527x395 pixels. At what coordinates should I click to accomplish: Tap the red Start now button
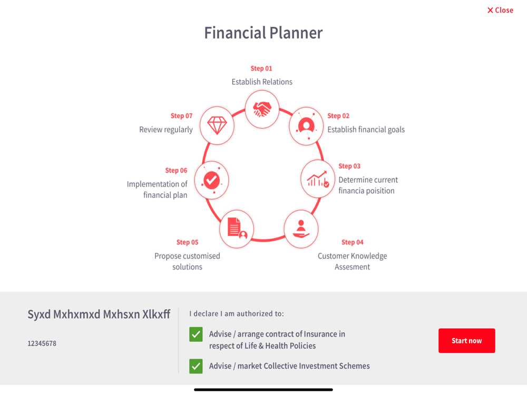tap(466, 341)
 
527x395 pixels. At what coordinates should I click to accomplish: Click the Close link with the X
tap(500, 10)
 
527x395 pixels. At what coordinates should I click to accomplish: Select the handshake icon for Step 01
tap(262, 109)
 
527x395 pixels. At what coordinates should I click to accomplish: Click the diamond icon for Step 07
tap(217, 126)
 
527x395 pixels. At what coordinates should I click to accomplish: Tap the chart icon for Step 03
tap(318, 179)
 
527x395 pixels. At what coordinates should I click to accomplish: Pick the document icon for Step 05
tap(237, 229)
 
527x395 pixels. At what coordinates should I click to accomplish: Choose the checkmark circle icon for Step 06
tap(212, 180)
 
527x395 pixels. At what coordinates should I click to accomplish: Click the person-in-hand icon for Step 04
tap(301, 229)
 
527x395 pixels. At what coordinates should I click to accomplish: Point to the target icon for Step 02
tap(306, 126)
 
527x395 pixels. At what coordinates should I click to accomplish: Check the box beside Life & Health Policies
tap(196, 334)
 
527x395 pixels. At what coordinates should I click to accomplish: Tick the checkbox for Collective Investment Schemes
tap(196, 366)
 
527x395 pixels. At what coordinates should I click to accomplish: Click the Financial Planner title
tap(263, 33)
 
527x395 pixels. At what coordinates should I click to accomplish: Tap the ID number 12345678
tap(42, 343)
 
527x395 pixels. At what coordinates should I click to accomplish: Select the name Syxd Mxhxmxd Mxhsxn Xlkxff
tap(99, 314)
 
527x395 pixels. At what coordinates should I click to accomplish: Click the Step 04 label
tap(353, 242)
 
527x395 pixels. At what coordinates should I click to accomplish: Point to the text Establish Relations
tap(262, 82)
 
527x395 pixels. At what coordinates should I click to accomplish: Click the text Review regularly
tap(166, 130)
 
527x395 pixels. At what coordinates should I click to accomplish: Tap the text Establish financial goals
tap(366, 130)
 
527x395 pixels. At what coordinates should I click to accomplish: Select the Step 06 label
tap(176, 170)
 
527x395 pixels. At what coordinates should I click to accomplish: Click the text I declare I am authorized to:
tap(237, 314)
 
